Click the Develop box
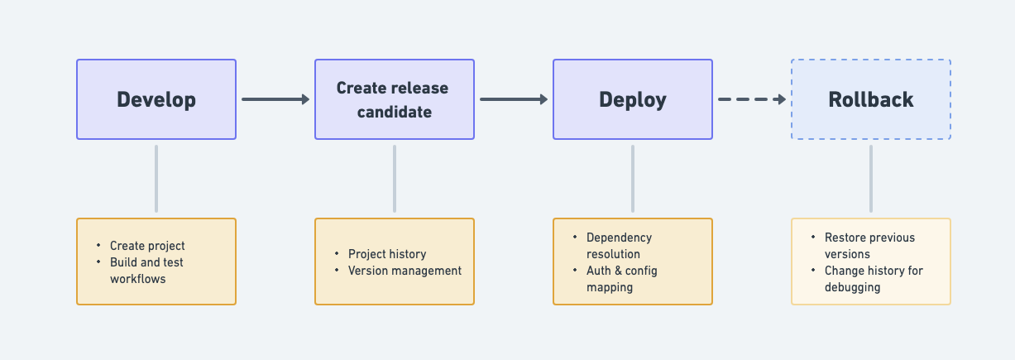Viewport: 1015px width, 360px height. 156,99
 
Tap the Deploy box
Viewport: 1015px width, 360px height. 633,99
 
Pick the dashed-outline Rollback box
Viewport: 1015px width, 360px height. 871,99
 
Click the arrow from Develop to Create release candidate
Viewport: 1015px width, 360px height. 275,99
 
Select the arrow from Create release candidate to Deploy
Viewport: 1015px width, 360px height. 514,99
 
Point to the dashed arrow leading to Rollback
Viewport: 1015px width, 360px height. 751,99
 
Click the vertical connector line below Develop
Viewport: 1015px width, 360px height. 156,179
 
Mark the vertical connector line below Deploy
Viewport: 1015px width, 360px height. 633,179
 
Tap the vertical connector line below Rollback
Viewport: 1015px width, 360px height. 871,179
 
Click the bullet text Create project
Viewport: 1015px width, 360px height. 147,246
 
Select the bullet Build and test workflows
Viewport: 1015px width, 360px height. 146,271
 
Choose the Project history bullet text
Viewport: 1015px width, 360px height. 387,254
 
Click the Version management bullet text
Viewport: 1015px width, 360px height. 405,271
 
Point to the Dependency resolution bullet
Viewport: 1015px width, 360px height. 619,246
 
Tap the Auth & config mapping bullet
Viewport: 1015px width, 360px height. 621,279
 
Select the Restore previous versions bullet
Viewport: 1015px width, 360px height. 869,246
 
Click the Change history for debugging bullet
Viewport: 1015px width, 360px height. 873,279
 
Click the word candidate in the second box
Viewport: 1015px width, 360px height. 395,112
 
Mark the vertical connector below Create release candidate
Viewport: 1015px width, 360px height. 395,179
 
